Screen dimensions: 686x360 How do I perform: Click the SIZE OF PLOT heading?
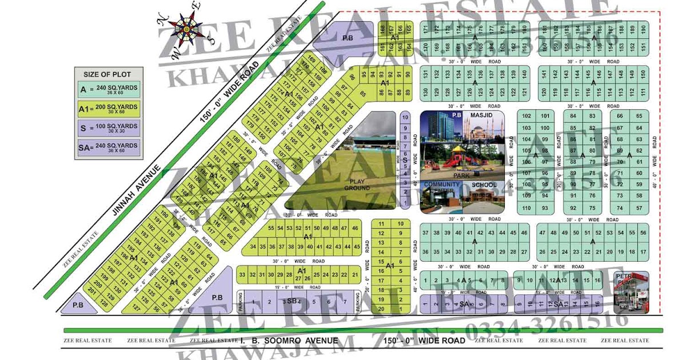point(107,74)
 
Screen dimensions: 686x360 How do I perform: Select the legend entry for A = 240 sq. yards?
point(107,90)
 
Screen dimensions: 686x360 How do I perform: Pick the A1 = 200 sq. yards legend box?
point(107,109)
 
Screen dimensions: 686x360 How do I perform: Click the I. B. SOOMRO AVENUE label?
point(289,341)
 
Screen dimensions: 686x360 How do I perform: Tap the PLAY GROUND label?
point(357,184)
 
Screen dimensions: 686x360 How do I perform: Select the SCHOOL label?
point(485,185)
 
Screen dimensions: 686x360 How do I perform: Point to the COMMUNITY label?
point(441,185)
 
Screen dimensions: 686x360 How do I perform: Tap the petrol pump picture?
point(631,293)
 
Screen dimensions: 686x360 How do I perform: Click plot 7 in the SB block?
point(344,301)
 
